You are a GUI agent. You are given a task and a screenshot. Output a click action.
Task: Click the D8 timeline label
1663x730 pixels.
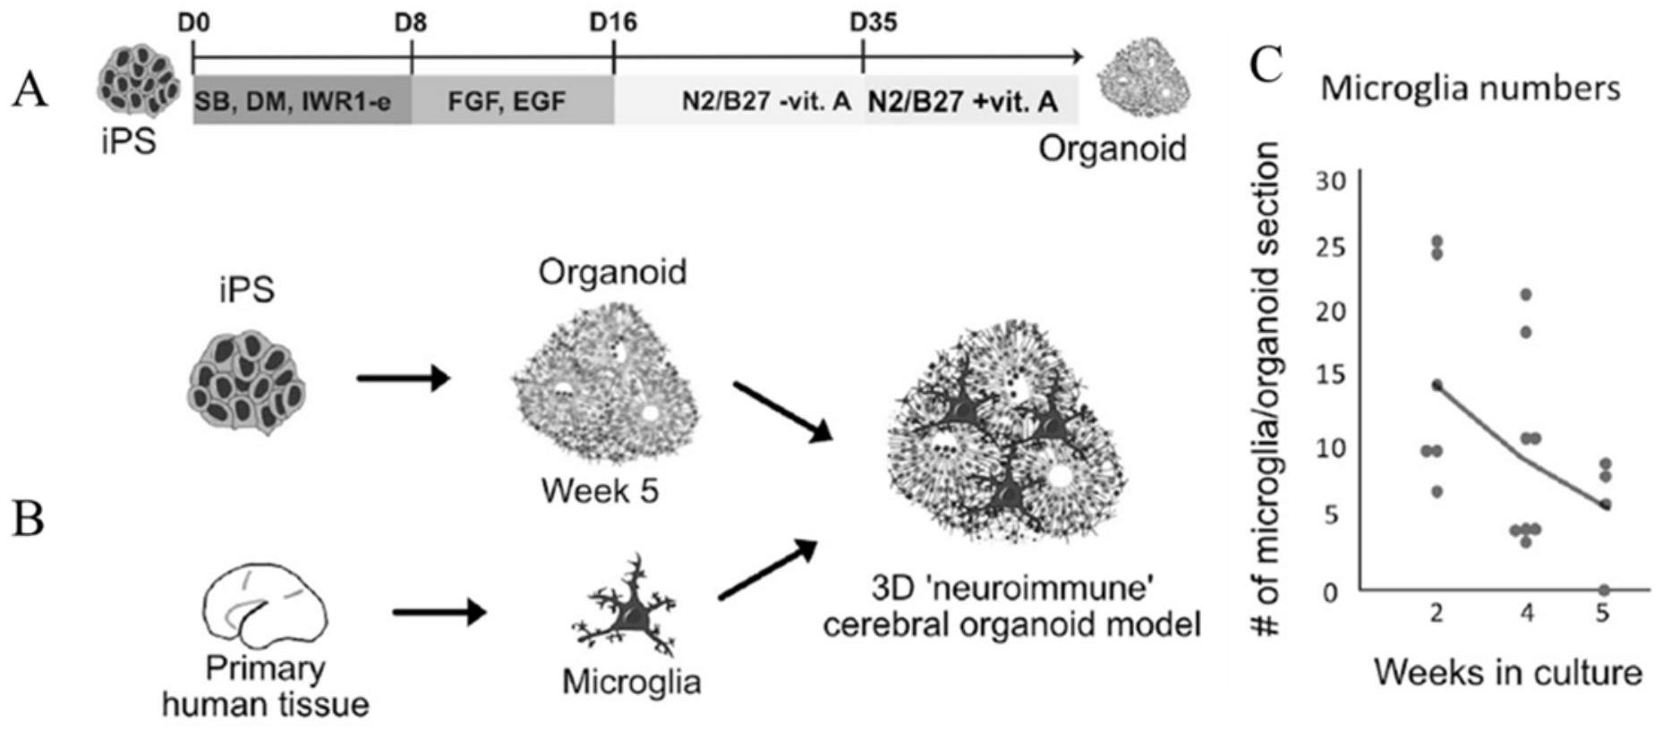[x=411, y=22]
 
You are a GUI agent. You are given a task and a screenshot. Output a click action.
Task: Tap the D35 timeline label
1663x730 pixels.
[x=873, y=22]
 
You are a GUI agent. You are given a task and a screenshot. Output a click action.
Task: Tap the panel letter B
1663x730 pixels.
[x=29, y=517]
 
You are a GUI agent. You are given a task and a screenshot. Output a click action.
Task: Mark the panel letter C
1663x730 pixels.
[x=1266, y=64]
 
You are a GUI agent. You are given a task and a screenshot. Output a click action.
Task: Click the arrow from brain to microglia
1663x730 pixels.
[x=439, y=613]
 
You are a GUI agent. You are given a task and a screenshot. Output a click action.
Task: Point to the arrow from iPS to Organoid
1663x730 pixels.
[x=402, y=378]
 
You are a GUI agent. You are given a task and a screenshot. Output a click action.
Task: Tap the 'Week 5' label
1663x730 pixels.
[x=600, y=490]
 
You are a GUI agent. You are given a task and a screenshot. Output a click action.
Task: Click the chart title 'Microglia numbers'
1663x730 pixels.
[x=1471, y=89]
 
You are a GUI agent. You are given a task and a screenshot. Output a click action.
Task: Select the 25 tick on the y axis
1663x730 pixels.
[x=1332, y=247]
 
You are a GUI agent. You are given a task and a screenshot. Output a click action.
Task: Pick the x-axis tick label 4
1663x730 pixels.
[x=1527, y=614]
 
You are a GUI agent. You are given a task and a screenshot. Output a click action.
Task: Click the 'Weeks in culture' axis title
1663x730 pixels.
[x=1508, y=672]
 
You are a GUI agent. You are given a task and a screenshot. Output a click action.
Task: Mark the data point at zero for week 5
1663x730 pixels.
[x=1604, y=590]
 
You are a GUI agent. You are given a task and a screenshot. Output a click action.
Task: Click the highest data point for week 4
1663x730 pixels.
[x=1526, y=294]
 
